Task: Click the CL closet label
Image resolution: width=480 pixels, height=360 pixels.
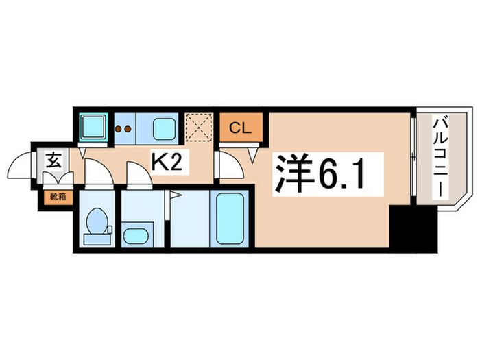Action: click(240, 128)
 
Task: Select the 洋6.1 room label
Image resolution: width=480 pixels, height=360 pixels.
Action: click(320, 173)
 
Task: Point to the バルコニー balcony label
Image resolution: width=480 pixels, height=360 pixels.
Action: click(440, 158)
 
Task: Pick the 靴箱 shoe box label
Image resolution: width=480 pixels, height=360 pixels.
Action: click(58, 197)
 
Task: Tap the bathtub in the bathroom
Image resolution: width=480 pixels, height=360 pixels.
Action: click(230, 218)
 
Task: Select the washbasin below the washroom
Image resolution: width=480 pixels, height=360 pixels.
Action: click(136, 237)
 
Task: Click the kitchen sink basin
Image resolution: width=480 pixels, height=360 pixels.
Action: click(163, 129)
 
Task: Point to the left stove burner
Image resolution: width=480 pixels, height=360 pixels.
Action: click(118, 129)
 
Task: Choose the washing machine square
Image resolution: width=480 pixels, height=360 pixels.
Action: click(93, 125)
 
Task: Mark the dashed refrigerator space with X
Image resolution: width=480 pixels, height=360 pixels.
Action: click(199, 128)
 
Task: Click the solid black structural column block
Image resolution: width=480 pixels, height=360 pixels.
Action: click(413, 228)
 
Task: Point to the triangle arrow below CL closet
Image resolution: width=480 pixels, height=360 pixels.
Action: click(253, 155)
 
